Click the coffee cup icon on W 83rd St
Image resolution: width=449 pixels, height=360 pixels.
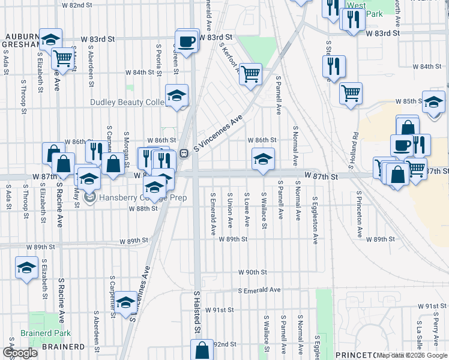pyautogui.click(x=187, y=41)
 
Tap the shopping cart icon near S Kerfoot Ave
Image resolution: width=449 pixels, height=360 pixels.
pyautogui.click(x=251, y=74)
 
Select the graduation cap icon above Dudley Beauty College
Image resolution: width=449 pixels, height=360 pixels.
pyautogui.click(x=177, y=95)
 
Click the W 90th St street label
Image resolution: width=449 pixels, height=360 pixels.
pyautogui.click(x=252, y=272)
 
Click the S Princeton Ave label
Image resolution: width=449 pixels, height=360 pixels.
pyautogui.click(x=358, y=215)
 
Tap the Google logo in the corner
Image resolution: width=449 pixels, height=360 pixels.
pyautogui.click(x=20, y=353)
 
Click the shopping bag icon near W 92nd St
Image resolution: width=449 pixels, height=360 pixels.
pyautogui.click(x=202, y=350)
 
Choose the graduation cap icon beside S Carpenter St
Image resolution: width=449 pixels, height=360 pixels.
pyautogui.click(x=126, y=303)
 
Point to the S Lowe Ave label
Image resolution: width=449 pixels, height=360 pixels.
pyautogui.click(x=247, y=210)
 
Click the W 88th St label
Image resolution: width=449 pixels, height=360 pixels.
pyautogui.click(x=143, y=209)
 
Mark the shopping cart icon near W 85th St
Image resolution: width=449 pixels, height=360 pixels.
pyautogui.click(x=351, y=93)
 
